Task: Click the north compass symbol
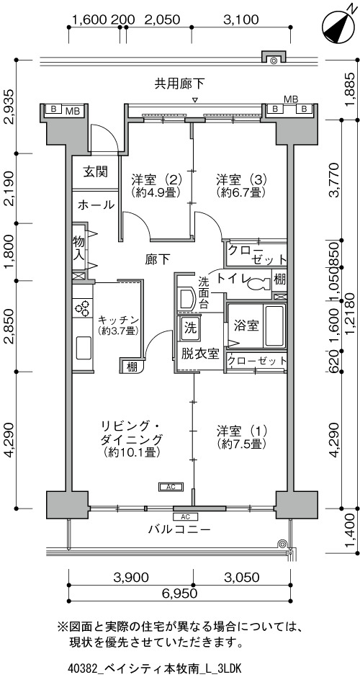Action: [x=339, y=27]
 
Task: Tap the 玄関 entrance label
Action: [x=96, y=171]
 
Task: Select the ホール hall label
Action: [x=96, y=205]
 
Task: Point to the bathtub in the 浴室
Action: [x=274, y=325]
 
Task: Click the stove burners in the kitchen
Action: [x=82, y=308]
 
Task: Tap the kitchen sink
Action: [x=84, y=348]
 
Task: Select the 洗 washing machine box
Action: [x=190, y=328]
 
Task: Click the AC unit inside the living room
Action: [x=171, y=487]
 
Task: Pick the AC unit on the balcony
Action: [x=185, y=516]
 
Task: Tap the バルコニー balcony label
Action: [x=179, y=529]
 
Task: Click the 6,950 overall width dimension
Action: [x=179, y=593]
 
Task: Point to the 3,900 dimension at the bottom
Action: [x=130, y=578]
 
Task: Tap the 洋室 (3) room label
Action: [x=242, y=179]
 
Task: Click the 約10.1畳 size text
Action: [x=132, y=452]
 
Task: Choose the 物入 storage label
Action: [x=78, y=248]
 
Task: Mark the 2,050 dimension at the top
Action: [x=163, y=19]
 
